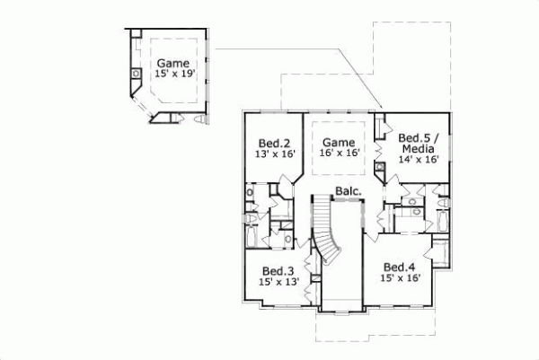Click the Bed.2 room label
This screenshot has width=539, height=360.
tap(274, 143)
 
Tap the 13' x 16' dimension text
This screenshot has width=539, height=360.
tap(274, 154)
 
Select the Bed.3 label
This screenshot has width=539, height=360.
tap(278, 270)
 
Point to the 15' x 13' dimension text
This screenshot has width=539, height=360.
tap(278, 281)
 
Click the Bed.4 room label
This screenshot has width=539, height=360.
tap(399, 268)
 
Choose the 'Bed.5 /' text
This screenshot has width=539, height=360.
tap(418, 128)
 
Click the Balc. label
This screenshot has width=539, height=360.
tap(349, 190)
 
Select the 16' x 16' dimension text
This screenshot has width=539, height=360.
tap(340, 154)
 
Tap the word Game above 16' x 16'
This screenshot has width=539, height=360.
tap(340, 142)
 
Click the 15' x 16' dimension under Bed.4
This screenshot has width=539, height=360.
tap(399, 279)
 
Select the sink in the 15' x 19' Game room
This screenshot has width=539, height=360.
tap(136, 73)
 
